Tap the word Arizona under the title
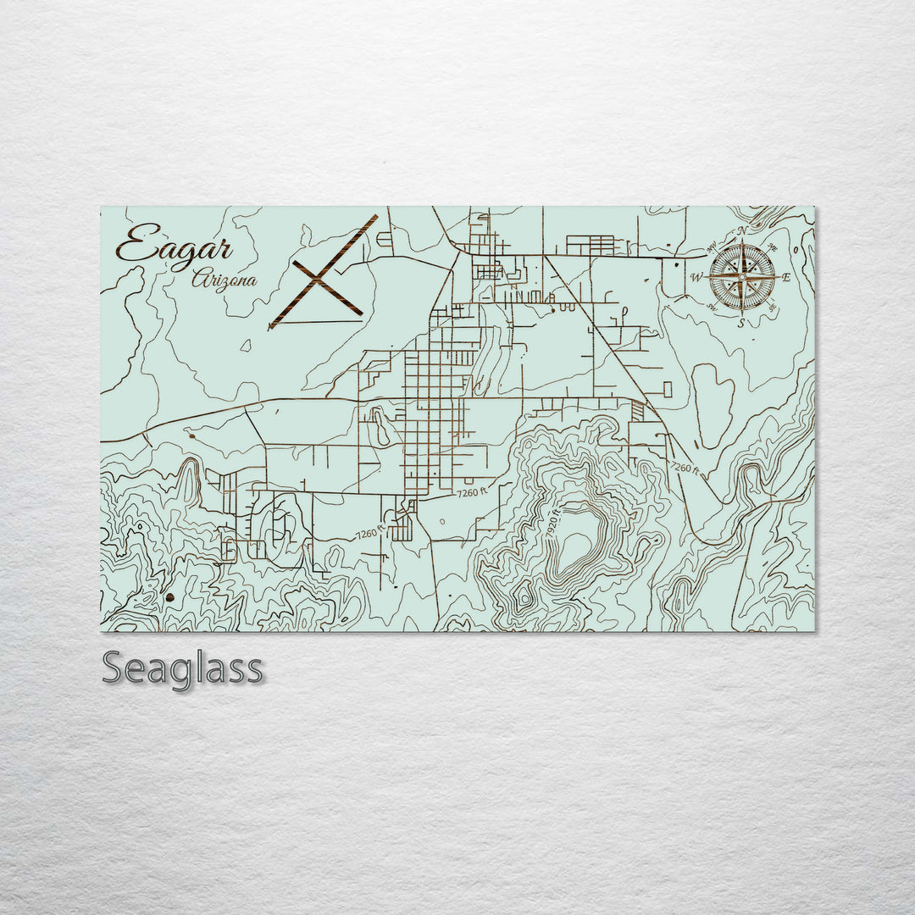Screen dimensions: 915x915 224,280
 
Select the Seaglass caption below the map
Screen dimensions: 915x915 182,668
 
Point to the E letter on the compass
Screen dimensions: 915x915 785,277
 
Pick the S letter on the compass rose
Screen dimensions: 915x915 740,323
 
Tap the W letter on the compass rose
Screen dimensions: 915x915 696,277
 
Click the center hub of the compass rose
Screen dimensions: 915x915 742,276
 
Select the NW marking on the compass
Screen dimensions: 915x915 711,246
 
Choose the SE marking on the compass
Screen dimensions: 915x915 772,308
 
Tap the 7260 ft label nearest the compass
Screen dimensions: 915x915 684,468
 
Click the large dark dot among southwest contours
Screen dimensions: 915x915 170,597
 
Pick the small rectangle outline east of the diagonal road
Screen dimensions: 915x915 668,390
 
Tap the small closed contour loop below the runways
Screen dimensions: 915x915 245,345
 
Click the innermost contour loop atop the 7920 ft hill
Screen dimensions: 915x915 575,551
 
